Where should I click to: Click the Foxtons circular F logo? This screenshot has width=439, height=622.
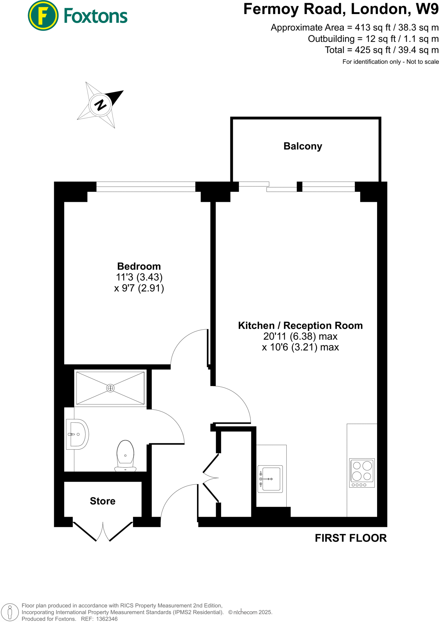click(43, 15)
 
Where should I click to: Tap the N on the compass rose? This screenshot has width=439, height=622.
click(100, 105)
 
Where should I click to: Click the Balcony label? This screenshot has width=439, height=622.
click(302, 146)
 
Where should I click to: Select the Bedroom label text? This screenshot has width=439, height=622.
click(139, 266)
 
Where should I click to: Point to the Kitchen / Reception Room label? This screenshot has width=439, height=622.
click(300, 326)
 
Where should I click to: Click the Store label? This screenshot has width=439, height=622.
click(103, 501)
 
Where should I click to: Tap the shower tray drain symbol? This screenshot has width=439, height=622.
click(110, 388)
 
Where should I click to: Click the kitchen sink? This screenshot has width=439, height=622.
click(270, 479)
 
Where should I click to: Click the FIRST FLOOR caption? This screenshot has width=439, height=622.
click(351, 538)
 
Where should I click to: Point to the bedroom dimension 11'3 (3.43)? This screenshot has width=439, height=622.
click(139, 277)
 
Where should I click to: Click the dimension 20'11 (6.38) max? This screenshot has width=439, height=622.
click(300, 337)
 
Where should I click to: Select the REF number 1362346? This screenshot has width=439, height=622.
click(107, 619)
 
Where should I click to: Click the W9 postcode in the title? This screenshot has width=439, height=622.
click(427, 9)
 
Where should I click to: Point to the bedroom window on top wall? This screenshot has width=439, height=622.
click(146, 187)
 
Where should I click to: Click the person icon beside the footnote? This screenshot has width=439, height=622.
click(10, 612)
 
